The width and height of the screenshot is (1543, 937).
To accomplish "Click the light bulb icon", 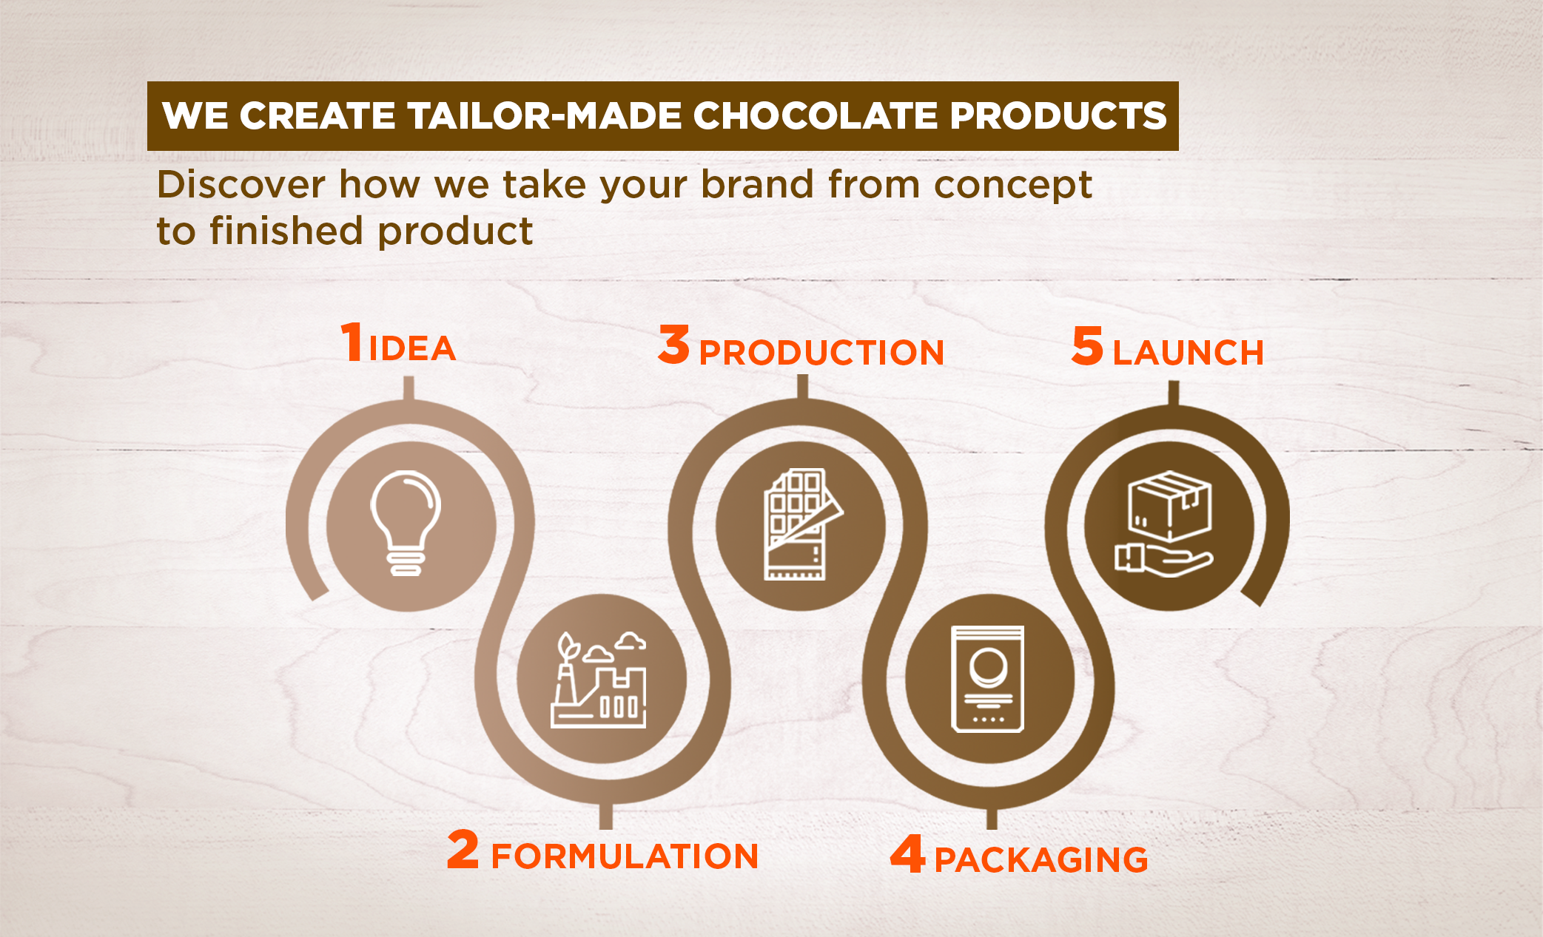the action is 406,523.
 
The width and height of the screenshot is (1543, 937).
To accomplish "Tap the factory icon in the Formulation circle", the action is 599,680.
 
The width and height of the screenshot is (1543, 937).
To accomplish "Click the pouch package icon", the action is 988,679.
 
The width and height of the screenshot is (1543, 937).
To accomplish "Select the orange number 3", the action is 673,344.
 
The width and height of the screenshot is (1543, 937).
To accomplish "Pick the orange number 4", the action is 908,853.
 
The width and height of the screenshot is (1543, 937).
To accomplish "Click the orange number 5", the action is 1087,345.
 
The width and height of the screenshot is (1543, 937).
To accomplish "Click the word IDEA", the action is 412,348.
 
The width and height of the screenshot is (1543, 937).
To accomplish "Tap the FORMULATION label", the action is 625,856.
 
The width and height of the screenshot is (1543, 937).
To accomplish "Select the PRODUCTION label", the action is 821,352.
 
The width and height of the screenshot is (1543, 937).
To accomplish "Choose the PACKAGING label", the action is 1041,860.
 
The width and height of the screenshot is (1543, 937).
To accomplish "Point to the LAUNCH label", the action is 1188,352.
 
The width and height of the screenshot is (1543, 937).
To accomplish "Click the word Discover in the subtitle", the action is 241,184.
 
